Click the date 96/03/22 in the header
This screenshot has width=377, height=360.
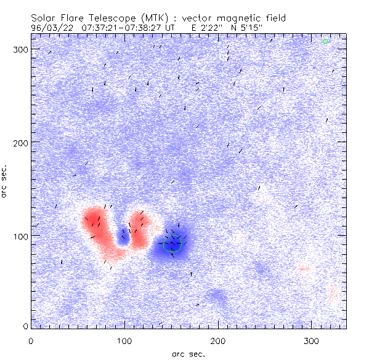click(51, 28)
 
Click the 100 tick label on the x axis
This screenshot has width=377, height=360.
click(124, 341)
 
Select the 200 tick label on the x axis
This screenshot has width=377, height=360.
click(218, 341)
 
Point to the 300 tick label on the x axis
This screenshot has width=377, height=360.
click(312, 341)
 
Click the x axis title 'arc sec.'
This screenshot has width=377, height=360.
click(188, 354)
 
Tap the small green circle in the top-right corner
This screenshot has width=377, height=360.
click(325, 42)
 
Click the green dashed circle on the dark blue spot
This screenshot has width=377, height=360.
click(175, 244)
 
